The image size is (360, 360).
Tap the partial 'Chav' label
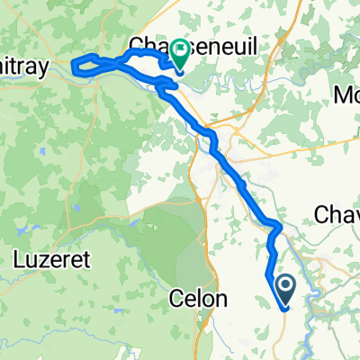pyautogui.click(x=337, y=214)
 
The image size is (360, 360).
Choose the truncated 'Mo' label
pyautogui.click(x=346, y=94)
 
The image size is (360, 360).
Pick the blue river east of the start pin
pyautogui.click(x=310, y=288)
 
